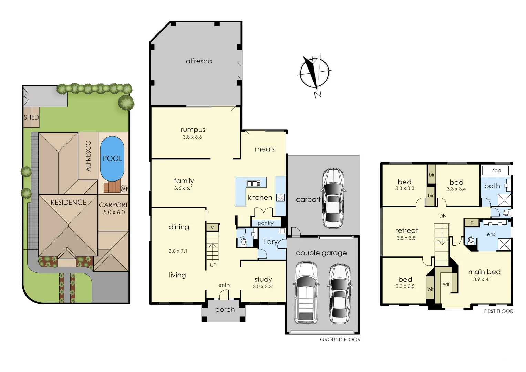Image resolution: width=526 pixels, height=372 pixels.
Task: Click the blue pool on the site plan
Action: click(x=112, y=158)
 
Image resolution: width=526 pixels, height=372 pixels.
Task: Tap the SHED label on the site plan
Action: click(x=31, y=117)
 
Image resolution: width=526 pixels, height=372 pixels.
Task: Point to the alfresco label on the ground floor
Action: click(x=199, y=61)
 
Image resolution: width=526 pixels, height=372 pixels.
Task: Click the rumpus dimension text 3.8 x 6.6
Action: click(x=192, y=137)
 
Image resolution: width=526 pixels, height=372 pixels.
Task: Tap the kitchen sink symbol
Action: click(x=254, y=184)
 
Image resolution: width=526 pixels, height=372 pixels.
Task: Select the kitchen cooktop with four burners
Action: click(x=280, y=197)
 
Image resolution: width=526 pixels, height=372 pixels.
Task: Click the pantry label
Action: click(x=266, y=223)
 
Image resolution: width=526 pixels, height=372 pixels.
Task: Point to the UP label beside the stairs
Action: click(x=213, y=265)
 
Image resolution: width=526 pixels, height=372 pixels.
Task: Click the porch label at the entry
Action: click(x=225, y=310)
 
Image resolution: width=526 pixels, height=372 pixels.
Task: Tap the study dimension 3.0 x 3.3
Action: click(x=262, y=286)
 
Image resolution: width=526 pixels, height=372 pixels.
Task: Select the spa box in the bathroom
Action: click(x=496, y=170)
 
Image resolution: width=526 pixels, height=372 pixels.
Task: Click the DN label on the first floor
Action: click(x=443, y=216)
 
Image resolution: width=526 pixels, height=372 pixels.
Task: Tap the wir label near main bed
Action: click(x=446, y=284)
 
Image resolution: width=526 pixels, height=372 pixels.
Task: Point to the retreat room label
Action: click(x=406, y=230)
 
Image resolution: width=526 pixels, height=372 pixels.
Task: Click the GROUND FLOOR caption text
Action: click(x=340, y=339)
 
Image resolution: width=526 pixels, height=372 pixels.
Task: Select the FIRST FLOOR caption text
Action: click(x=498, y=311)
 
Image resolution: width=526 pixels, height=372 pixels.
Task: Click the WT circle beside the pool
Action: click(x=124, y=188)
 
